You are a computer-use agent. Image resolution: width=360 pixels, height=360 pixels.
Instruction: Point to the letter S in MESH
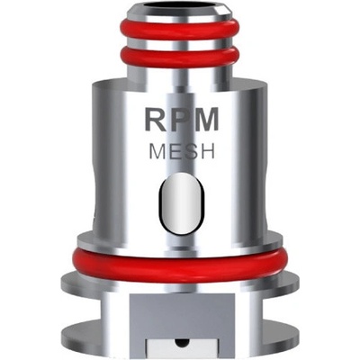coord(188,151)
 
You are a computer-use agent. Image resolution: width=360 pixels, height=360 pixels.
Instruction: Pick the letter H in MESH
coord(206,151)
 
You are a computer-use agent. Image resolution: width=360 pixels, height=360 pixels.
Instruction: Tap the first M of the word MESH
coord(157,151)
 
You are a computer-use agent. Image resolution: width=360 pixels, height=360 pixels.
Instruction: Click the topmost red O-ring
coord(180,29)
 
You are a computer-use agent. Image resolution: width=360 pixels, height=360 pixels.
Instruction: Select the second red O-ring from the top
coord(180,58)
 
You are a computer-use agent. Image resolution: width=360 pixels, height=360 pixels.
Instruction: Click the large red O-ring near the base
coord(180,263)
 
